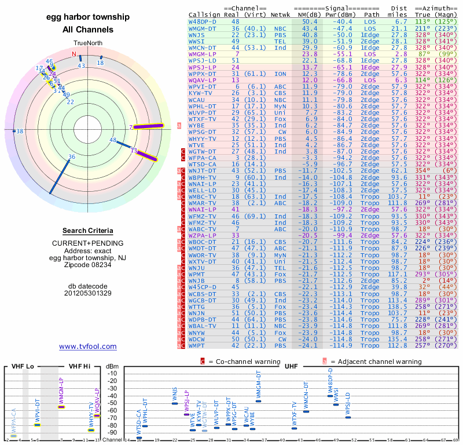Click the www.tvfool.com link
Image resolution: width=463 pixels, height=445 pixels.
click(88, 346)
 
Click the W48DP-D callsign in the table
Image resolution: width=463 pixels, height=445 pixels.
click(203, 21)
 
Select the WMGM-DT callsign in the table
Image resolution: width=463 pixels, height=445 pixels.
click(203, 28)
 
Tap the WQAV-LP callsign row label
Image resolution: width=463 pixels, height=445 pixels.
click(203, 80)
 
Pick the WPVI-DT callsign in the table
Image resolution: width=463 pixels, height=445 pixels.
click(203, 86)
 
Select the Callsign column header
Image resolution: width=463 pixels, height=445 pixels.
click(205, 14)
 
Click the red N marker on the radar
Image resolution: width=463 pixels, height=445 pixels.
click(74, 54)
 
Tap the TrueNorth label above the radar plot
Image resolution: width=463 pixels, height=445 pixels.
click(87, 43)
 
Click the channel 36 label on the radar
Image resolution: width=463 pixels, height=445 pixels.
click(72, 156)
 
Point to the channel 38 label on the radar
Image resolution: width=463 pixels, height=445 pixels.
click(20, 132)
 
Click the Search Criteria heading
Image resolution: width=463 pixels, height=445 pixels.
click(88, 231)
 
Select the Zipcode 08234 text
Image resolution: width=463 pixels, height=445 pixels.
click(88, 265)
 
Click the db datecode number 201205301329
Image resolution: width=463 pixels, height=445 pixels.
click(88, 293)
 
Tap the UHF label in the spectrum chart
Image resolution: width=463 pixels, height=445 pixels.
click(291, 366)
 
